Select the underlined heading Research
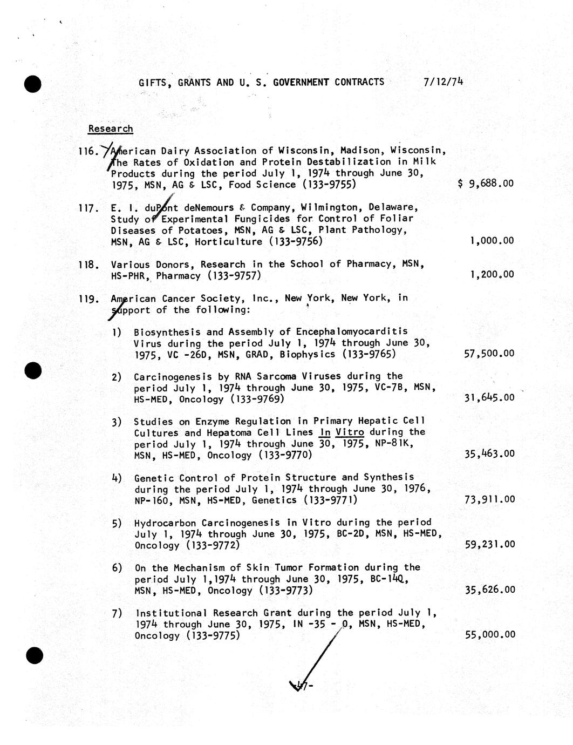(111, 128)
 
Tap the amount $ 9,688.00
(485, 184)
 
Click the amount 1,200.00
(492, 274)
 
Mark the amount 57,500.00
(489, 354)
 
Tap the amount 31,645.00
(489, 398)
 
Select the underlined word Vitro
(349, 432)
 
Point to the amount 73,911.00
(489, 499)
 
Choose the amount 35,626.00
(489, 590)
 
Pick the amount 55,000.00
(489, 635)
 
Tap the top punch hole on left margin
(33, 85)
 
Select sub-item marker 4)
(117, 478)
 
